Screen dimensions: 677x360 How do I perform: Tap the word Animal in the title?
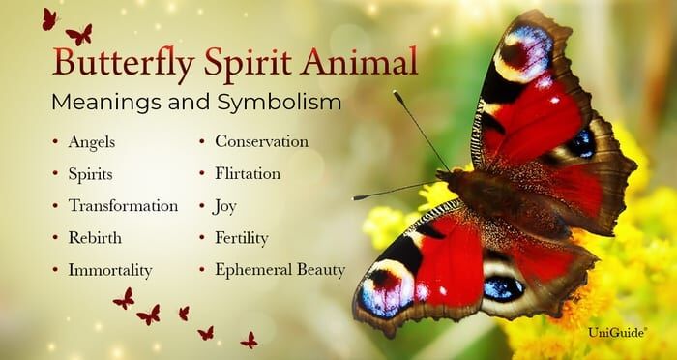pos(359,61)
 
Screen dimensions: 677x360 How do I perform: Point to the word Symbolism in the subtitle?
pos(279,103)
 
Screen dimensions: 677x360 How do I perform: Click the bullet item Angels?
pos(92,142)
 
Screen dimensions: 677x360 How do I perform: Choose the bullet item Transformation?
pos(123,206)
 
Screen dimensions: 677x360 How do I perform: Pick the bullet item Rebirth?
pos(95,238)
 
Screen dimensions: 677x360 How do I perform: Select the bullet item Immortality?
pos(110,270)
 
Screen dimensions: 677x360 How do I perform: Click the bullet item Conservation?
pos(262,141)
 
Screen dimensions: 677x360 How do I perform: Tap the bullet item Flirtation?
pos(248,174)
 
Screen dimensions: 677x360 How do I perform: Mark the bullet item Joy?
pos(224,206)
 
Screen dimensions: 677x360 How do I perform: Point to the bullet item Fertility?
pos(242,238)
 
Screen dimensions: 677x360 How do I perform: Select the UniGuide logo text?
pos(617,332)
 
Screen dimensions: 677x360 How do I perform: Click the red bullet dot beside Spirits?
pos(55,173)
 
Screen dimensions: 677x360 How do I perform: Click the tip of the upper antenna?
pos(395,93)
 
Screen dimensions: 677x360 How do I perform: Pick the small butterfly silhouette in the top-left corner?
pos(49,19)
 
